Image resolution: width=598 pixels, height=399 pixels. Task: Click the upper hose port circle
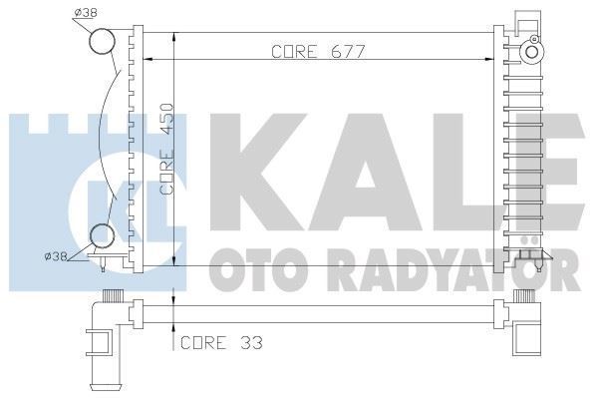coord(102,42)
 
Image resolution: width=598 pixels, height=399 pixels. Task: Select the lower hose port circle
coord(102,236)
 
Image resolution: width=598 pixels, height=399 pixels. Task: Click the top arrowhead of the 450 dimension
coord(175,36)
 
